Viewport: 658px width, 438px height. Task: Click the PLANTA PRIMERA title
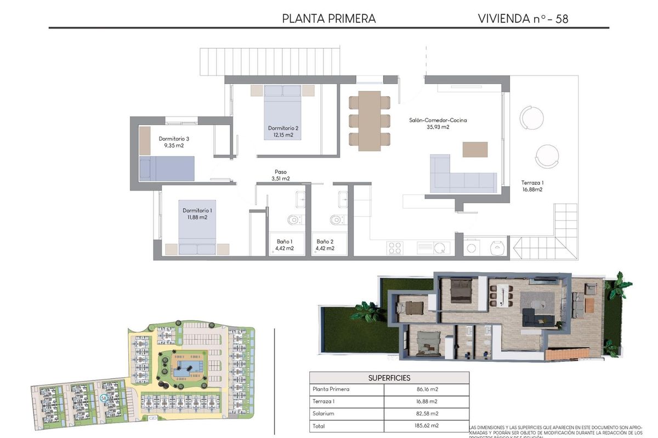pos(328,18)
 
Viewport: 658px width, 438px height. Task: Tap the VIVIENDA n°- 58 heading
pos(523,18)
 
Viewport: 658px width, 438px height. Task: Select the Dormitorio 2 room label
pos(283,128)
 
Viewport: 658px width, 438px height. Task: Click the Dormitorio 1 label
pos(197,210)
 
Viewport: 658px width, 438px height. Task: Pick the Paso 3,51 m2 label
pos(280,175)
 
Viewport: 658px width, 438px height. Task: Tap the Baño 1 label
pos(284,241)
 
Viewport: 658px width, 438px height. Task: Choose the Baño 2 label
pos(325,241)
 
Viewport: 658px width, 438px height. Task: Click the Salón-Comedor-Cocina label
pos(438,120)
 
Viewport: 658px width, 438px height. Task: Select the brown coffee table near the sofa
pos(475,149)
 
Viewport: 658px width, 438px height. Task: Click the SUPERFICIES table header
pos(389,378)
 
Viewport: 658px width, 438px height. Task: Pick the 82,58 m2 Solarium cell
pos(427,413)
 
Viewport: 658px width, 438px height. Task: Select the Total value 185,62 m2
pos(427,425)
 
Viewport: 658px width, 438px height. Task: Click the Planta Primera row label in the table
pos(331,390)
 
